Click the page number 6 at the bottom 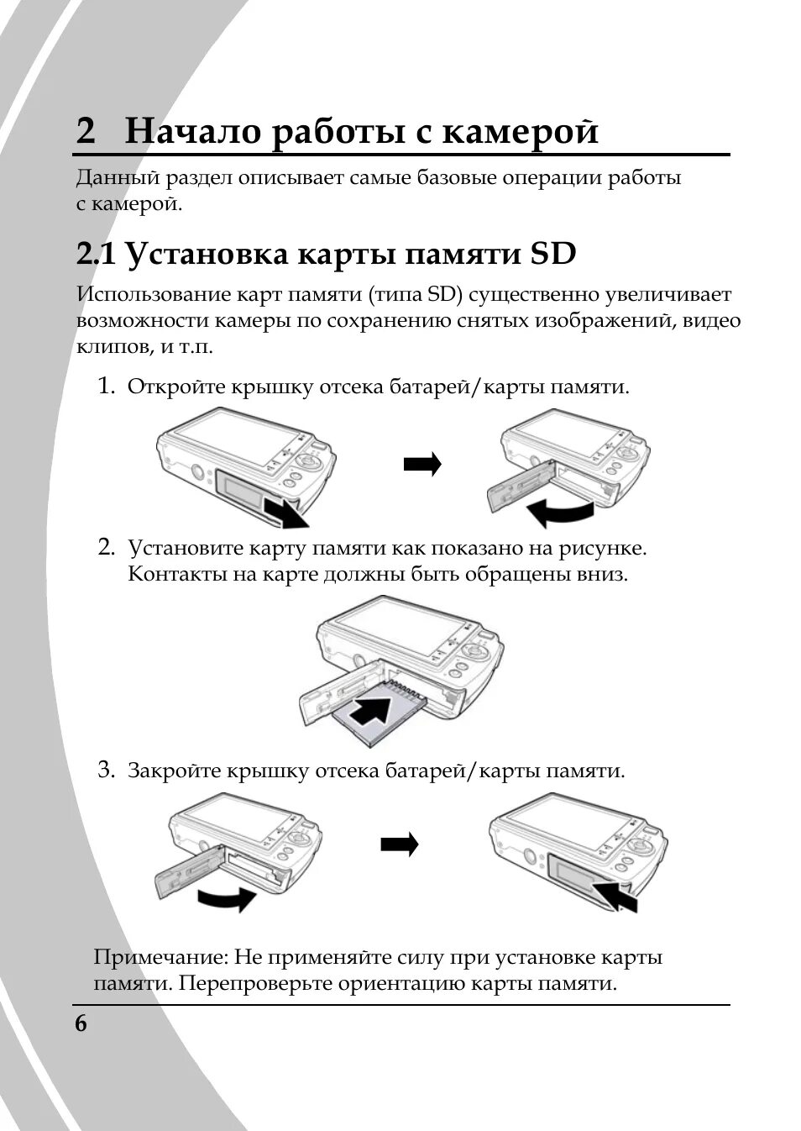pos(81,1024)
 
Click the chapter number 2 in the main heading pos(86,133)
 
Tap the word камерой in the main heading pos(521,133)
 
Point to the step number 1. pos(106,387)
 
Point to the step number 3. pos(106,770)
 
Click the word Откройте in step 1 pos(174,387)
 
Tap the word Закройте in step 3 pos(174,771)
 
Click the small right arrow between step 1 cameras pos(421,464)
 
